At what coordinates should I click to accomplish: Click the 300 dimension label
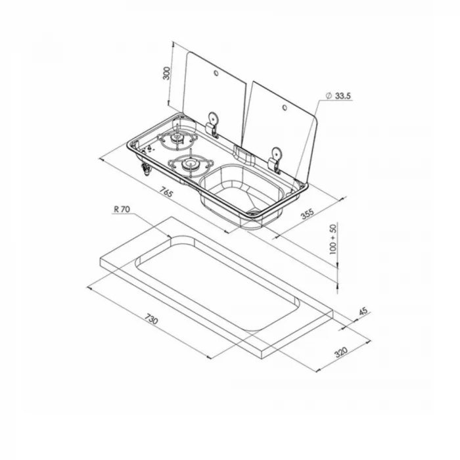166,73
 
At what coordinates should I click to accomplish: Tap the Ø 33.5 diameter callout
338,96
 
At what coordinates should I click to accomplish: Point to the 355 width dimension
307,214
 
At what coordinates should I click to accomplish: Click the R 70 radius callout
122,209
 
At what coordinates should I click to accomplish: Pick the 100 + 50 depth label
333,239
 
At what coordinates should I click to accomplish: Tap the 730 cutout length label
151,319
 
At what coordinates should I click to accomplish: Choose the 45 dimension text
363,311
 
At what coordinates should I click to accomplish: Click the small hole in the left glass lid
216,73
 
